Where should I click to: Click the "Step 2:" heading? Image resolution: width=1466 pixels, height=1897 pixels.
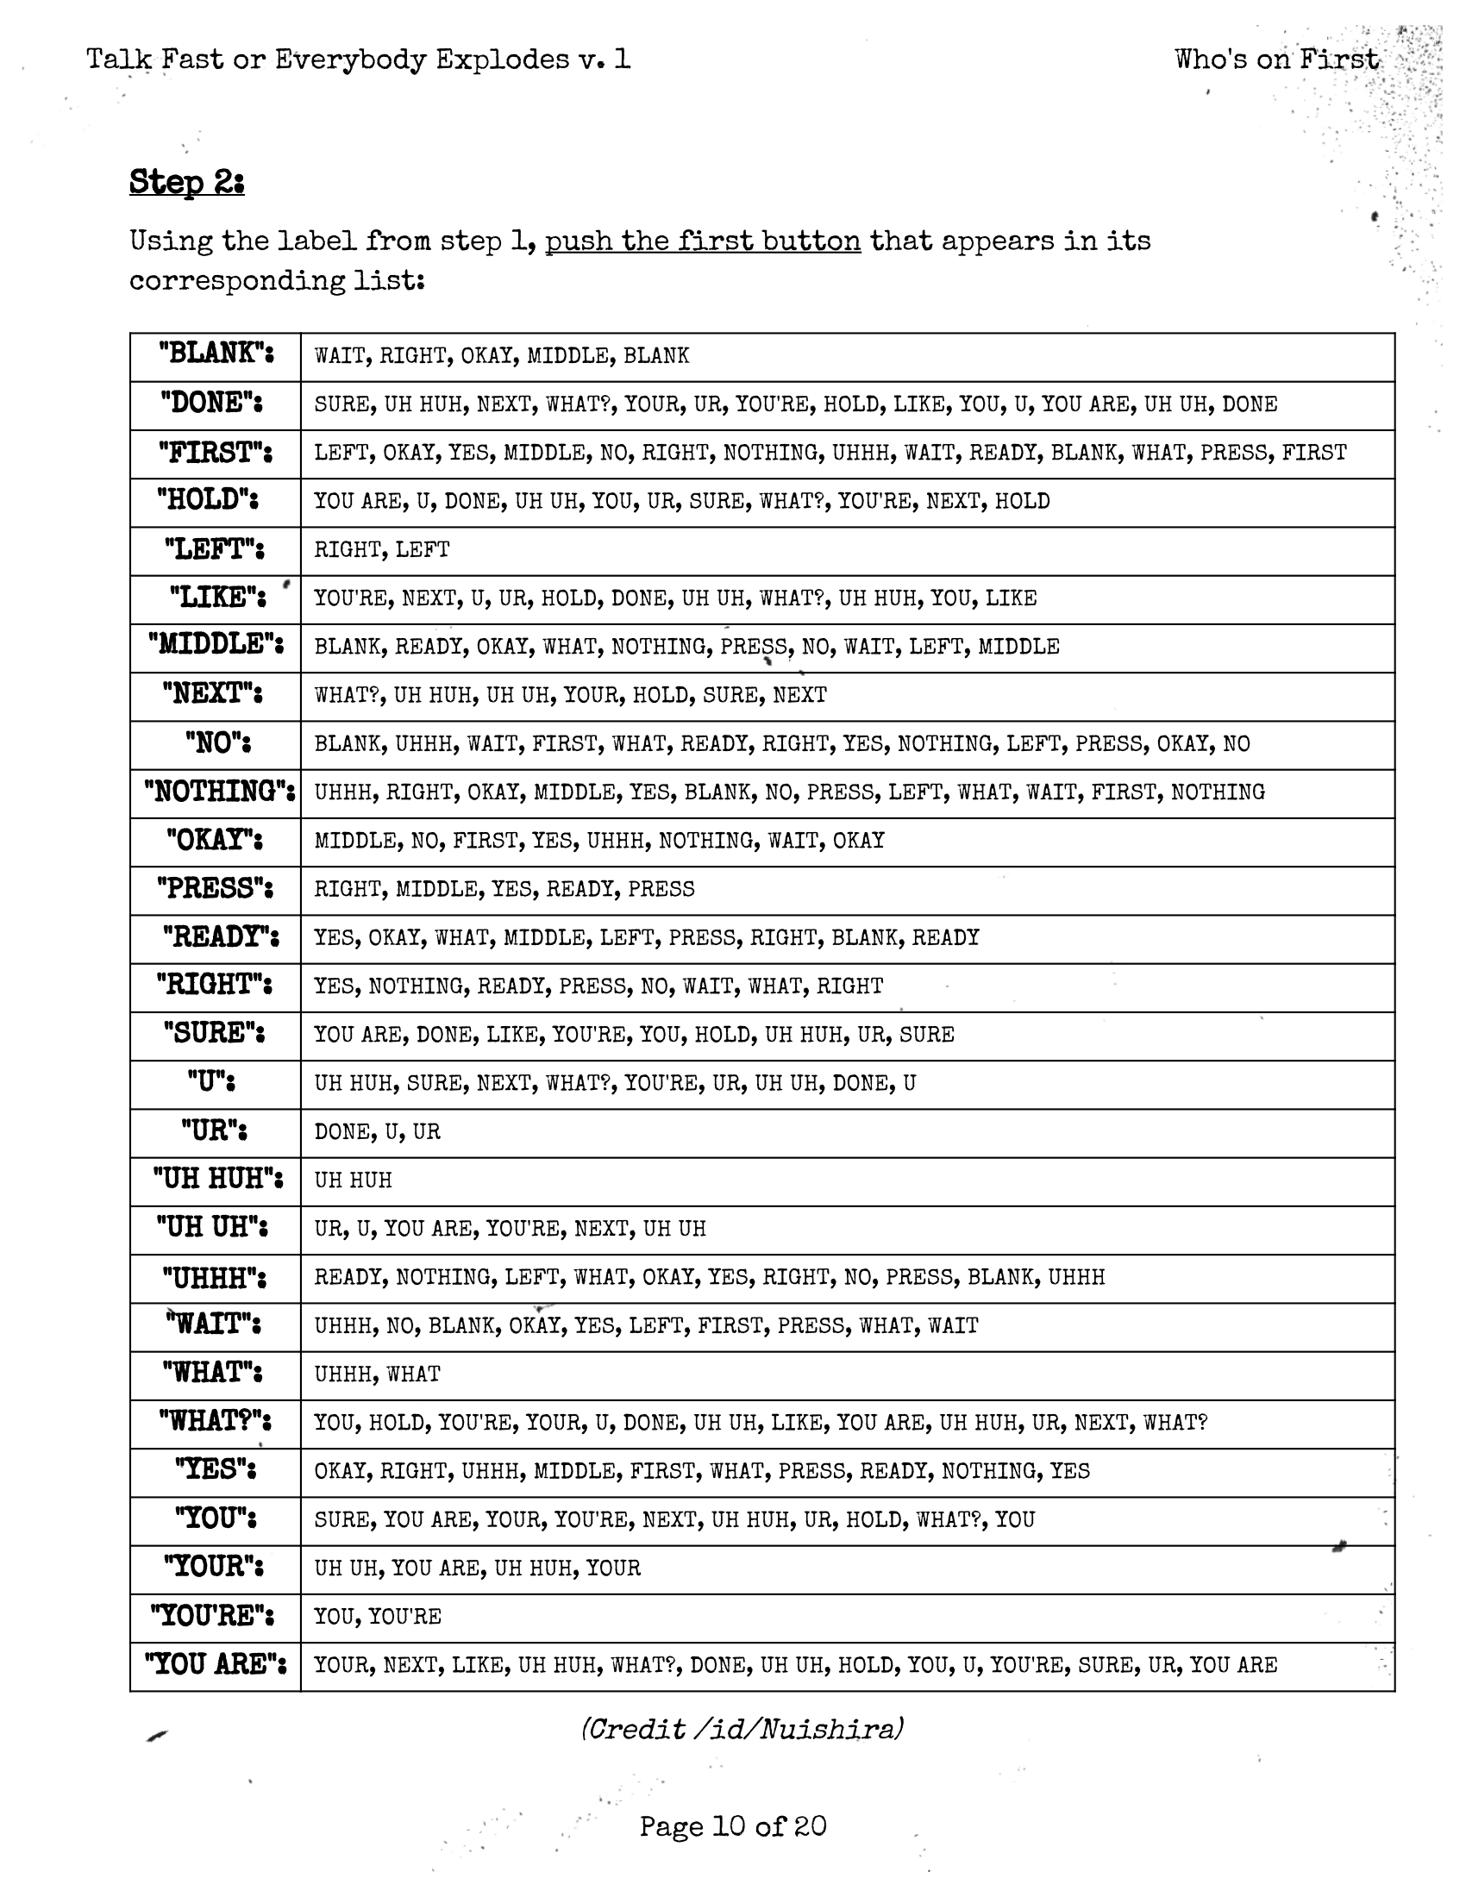click(187, 183)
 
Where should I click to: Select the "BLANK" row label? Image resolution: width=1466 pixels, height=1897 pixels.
click(216, 354)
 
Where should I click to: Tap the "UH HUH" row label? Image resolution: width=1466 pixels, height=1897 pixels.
click(217, 1179)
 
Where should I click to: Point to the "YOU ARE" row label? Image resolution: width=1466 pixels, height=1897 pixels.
click(216, 1664)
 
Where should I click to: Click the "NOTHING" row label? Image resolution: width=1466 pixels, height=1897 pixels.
click(219, 792)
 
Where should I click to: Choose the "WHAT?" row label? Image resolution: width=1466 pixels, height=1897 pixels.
click(215, 1421)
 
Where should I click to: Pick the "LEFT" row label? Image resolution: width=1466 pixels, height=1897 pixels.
click(215, 549)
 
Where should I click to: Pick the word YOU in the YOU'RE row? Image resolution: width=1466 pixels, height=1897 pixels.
click(334, 1617)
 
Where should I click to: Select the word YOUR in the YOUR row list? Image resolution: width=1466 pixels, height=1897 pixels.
click(613, 1568)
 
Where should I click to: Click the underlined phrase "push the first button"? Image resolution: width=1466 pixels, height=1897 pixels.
click(703, 241)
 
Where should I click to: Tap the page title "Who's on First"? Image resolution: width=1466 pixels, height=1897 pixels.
click(1275, 59)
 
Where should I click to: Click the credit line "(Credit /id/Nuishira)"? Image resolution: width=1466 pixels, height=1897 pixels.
click(742, 1730)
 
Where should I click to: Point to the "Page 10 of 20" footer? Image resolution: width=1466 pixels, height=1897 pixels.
click(733, 1825)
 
